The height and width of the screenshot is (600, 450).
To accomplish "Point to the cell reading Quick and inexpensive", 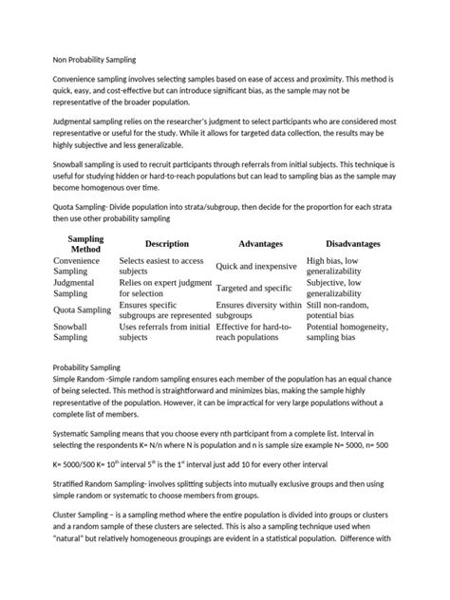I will click(255, 267).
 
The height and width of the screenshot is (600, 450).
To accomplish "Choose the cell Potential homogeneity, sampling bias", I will click(348, 330).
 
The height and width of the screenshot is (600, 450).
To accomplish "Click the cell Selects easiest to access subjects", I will click(161, 267).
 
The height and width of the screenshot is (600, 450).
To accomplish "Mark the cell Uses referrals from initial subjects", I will click(164, 330).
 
